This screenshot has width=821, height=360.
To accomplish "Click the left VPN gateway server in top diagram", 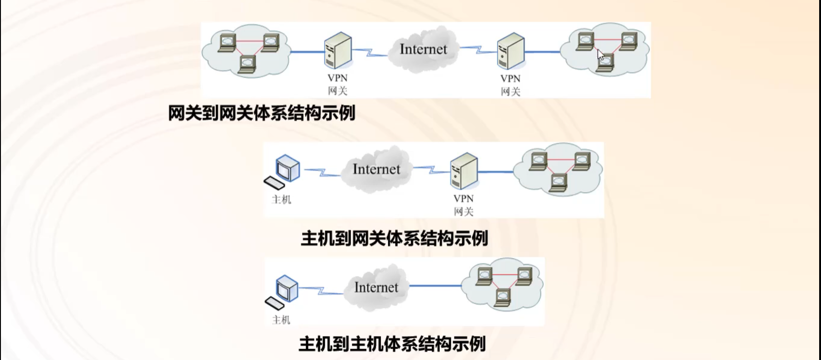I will coord(338,51).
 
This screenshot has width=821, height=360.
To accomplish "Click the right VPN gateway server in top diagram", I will coord(511,51).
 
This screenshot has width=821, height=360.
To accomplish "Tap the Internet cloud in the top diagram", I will coord(423,49).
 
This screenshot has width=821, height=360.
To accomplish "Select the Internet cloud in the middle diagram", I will coord(376,169).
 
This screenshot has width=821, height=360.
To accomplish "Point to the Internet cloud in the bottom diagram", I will coord(376,288).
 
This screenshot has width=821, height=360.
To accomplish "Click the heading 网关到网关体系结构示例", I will coord(262,113).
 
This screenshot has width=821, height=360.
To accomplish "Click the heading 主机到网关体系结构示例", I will coord(394,238).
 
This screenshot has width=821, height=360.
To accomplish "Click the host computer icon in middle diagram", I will coord(288,168).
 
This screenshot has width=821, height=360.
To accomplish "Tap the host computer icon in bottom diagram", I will coord(287,288).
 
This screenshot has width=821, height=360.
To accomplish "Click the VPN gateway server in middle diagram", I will coord(464,171).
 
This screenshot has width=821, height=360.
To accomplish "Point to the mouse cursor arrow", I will coord(600,55).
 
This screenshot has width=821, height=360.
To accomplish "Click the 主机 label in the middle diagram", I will coord(281,199).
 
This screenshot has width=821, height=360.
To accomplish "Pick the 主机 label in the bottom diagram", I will coord(281,319).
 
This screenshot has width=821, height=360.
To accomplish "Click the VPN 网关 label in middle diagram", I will coord(463,205).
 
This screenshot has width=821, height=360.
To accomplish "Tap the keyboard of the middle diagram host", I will coord(274,183).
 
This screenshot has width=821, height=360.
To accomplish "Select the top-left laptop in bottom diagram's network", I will coord(484,276).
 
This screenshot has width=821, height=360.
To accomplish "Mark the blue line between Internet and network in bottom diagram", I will coord(435,286).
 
